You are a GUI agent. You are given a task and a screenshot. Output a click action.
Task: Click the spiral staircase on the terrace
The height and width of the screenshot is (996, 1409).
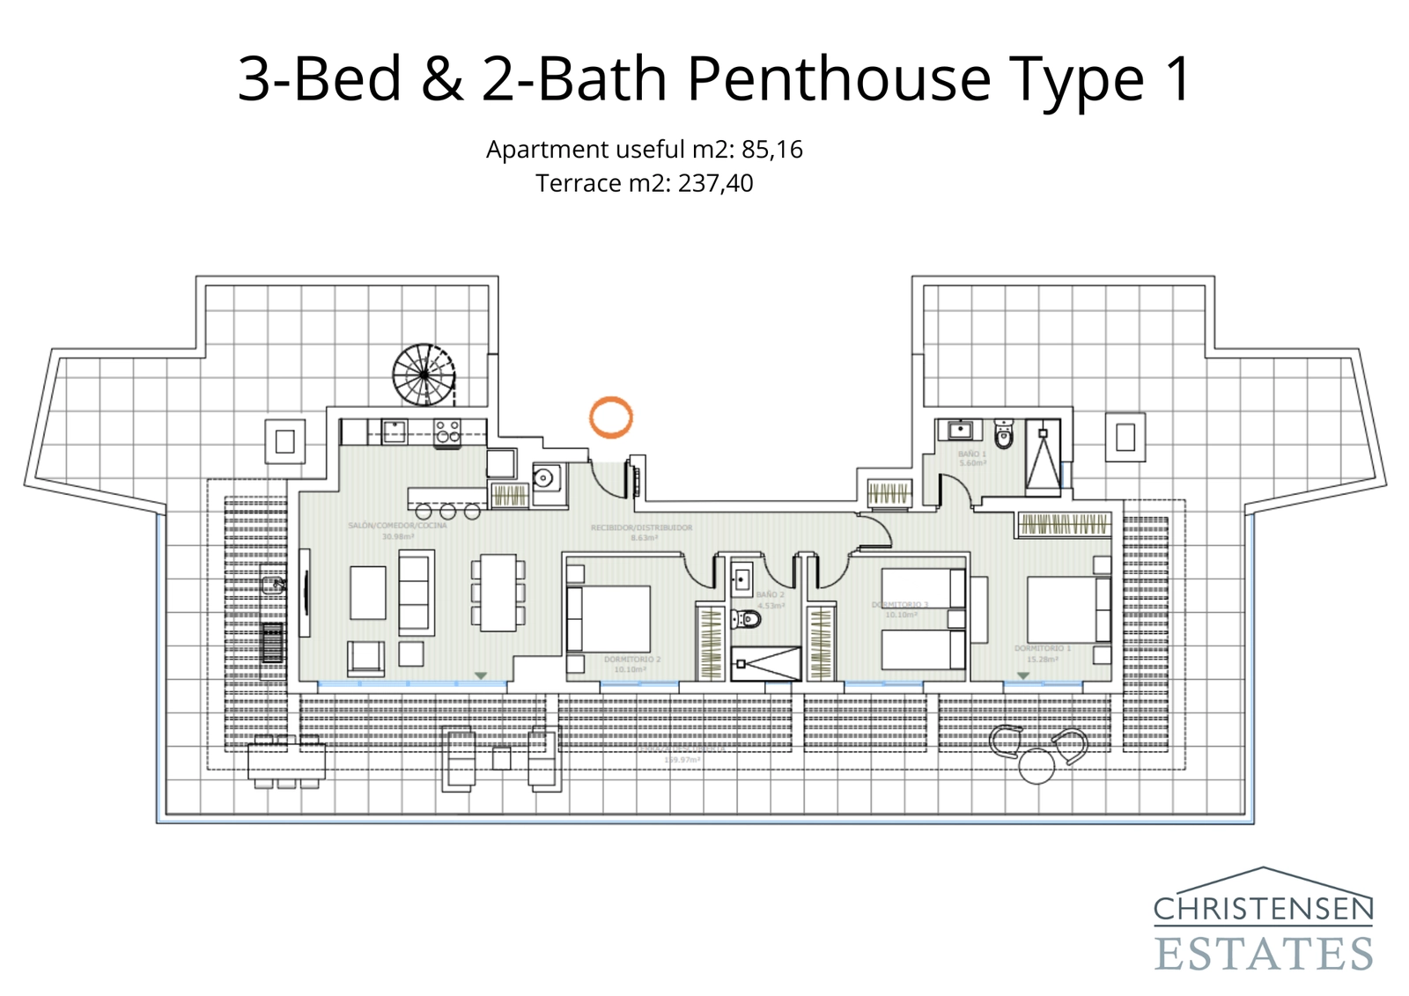tap(424, 374)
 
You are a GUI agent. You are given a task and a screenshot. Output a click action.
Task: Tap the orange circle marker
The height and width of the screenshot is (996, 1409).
tap(610, 417)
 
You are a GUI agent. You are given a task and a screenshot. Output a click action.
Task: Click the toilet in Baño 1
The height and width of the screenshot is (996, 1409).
tap(1004, 434)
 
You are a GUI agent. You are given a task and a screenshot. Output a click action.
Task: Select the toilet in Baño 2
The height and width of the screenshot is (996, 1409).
tap(747, 619)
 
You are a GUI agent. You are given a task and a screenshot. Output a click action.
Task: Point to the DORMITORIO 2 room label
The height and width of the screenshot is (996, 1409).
tap(631, 659)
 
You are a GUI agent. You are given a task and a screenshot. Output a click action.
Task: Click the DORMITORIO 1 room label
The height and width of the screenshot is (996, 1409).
tap(1042, 648)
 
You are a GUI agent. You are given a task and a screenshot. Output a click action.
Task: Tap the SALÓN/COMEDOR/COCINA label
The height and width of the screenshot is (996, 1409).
tap(397, 526)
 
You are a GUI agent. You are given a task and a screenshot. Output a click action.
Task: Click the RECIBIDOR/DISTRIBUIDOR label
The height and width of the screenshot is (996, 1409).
tap(641, 528)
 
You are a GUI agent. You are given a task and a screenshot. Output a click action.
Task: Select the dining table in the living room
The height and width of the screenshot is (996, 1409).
tap(498, 592)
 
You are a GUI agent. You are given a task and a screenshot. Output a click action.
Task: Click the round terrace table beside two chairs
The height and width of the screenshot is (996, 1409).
tap(1036, 765)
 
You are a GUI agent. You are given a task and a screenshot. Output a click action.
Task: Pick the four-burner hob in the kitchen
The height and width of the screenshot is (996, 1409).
tap(447, 431)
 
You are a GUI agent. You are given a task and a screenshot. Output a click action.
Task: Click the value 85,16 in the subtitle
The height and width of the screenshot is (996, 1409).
tap(772, 150)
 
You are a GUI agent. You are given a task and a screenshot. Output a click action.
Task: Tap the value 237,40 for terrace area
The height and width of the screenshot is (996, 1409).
tap(715, 183)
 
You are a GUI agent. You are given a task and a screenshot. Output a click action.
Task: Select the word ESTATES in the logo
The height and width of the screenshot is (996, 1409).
tap(1263, 955)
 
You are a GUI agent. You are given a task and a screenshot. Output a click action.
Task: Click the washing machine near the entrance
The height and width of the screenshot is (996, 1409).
tap(544, 479)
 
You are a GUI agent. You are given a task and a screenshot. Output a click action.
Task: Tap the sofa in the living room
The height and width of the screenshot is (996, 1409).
tap(416, 592)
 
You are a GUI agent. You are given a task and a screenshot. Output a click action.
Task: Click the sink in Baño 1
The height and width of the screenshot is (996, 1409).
tap(960, 430)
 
